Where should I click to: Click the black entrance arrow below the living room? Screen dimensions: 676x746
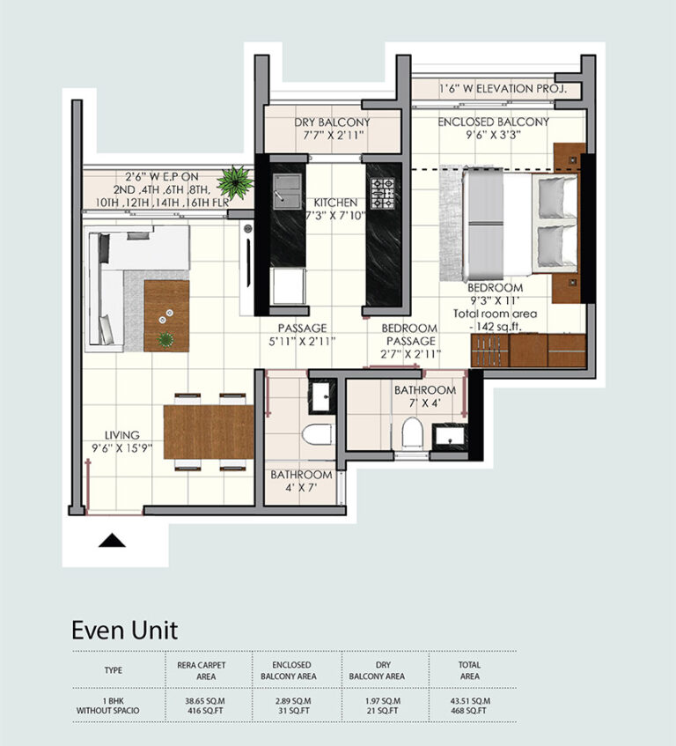(x=112, y=541)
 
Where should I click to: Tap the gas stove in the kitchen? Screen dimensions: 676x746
(x=383, y=194)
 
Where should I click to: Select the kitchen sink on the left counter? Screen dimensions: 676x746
(x=287, y=191)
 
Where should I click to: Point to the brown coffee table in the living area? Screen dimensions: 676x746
(x=166, y=316)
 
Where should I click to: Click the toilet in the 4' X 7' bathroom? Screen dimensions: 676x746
(x=318, y=434)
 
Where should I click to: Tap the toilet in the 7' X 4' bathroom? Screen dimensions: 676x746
(x=412, y=432)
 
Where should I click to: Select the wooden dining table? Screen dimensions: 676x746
(x=209, y=432)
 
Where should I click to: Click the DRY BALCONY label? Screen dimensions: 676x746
(x=332, y=122)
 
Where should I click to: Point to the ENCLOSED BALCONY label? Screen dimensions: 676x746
(x=494, y=122)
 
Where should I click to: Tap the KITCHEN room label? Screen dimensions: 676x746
(x=335, y=203)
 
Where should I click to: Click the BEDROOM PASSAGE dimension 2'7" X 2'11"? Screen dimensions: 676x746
(x=410, y=354)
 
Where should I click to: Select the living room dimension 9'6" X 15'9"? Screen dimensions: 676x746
(x=121, y=447)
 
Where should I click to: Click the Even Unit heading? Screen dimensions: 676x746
(x=125, y=630)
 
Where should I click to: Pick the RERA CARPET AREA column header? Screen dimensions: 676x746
(x=202, y=671)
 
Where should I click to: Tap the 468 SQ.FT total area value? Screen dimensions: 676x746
(x=470, y=711)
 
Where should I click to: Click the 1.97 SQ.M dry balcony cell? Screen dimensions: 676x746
(x=383, y=701)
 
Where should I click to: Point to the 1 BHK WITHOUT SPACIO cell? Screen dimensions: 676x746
(x=108, y=705)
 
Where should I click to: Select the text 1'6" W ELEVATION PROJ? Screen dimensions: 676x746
(x=503, y=88)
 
